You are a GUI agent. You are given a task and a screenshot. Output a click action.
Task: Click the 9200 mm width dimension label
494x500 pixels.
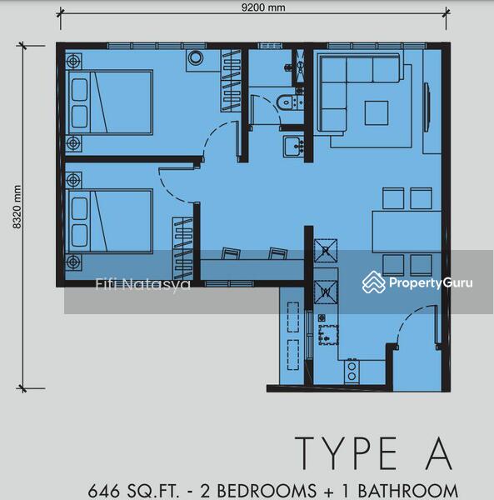263,7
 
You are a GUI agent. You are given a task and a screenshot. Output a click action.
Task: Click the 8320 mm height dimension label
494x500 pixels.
17,207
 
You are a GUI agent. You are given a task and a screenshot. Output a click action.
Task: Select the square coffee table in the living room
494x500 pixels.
376,112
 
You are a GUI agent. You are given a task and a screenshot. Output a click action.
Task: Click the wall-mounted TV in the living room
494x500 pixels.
427,107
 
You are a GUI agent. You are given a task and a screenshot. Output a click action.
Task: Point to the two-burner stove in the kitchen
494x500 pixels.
352,371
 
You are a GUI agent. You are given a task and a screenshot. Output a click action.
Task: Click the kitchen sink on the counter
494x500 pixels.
328,335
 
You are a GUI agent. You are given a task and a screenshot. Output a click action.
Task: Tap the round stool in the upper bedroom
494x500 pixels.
196,58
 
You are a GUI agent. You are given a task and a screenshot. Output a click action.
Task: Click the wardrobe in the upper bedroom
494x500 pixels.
231,81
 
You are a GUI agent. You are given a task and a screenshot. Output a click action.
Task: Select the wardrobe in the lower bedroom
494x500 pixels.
182,248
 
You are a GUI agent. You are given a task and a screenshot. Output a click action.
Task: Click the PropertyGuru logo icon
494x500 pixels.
373,282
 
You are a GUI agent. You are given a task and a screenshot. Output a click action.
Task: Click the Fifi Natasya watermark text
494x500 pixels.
143,284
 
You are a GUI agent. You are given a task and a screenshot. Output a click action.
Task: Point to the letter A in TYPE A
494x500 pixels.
440,453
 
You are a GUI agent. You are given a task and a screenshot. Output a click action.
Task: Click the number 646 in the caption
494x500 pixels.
103,491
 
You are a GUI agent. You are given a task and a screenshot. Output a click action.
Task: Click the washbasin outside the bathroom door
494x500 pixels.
293,147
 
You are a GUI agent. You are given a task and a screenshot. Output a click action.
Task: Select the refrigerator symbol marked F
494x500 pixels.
326,251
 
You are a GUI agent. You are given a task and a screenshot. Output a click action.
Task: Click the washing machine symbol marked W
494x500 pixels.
326,292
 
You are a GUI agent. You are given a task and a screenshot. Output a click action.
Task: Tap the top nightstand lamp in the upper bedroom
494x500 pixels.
73,61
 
